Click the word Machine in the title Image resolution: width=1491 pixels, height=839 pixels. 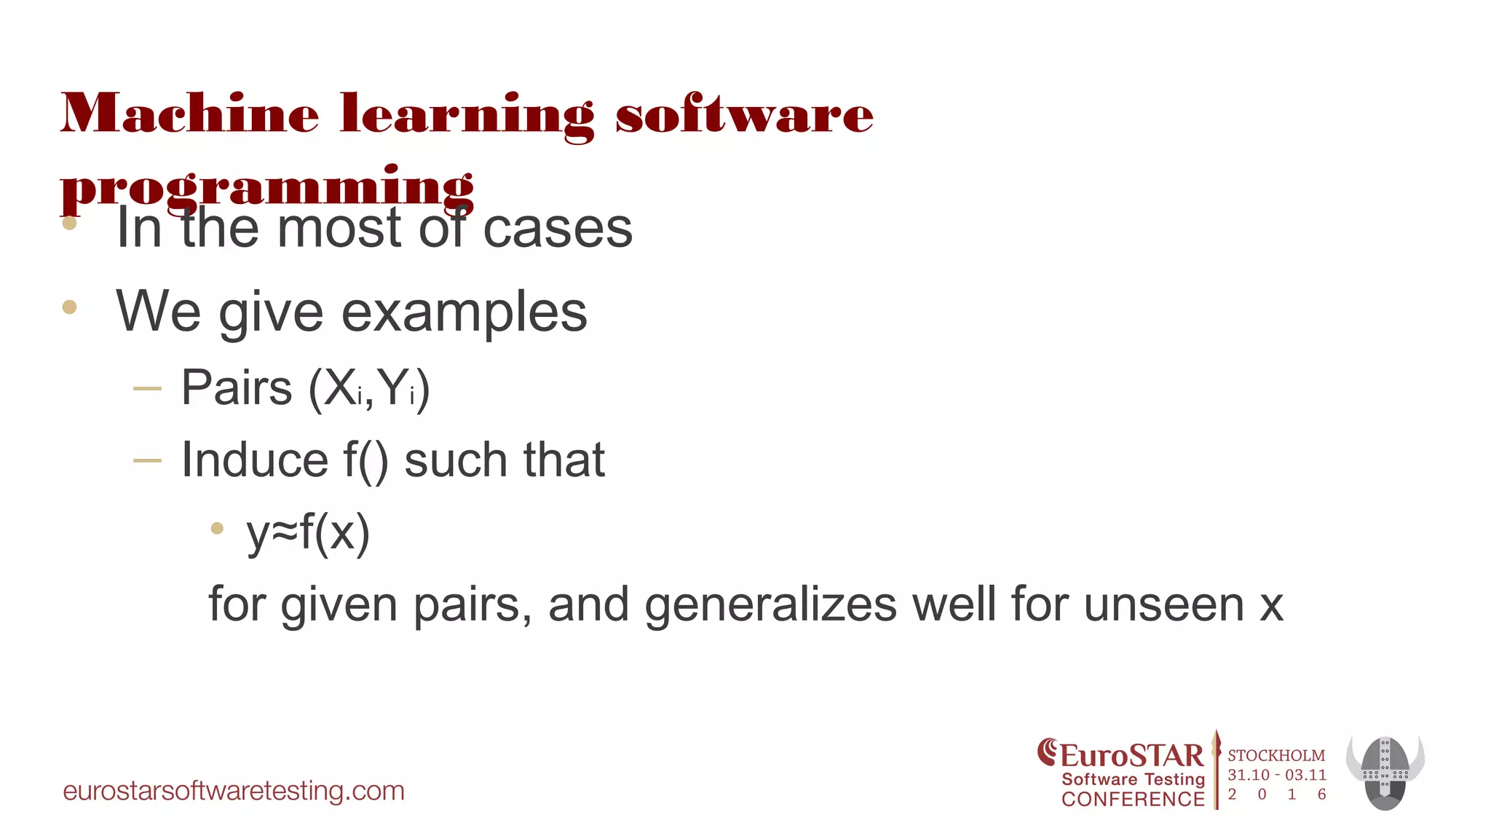click(189, 114)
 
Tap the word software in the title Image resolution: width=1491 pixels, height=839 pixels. click(744, 114)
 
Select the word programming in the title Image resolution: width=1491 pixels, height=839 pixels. click(266, 186)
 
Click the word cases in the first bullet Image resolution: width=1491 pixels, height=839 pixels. click(558, 229)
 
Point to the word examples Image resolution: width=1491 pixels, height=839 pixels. click(464, 312)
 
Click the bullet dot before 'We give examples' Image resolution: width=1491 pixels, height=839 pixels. click(70, 307)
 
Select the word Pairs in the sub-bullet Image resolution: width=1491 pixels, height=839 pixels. click(237, 387)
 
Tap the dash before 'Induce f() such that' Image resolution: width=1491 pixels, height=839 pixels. click(147, 460)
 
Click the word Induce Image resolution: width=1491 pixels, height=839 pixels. click(254, 460)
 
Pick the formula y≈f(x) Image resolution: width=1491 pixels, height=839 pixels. click(308, 532)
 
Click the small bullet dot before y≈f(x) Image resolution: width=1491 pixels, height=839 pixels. click(217, 529)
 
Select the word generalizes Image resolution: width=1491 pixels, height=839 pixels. click(770, 604)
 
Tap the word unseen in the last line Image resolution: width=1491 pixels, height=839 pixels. click(1163, 604)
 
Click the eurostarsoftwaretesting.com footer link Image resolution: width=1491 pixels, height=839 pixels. click(234, 791)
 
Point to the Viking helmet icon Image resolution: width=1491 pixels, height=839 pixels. click(1385, 772)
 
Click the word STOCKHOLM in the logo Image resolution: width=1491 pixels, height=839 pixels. click(1276, 755)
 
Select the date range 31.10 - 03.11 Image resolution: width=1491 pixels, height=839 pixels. click(1277, 775)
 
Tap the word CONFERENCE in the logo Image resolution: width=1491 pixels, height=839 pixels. click(1133, 799)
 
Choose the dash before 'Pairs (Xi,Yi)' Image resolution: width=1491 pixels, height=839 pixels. click(147, 389)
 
